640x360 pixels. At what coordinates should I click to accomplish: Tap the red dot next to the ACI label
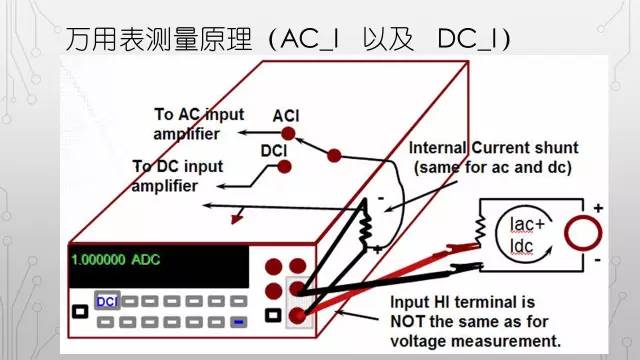point(289,132)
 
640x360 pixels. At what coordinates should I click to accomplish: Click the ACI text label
point(287,116)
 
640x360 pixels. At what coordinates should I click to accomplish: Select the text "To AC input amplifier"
point(199,124)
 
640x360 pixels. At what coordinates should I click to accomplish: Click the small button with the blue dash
point(238,321)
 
